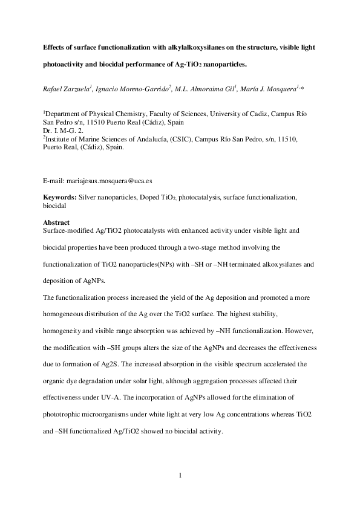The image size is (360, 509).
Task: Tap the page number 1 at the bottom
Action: tap(180, 476)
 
